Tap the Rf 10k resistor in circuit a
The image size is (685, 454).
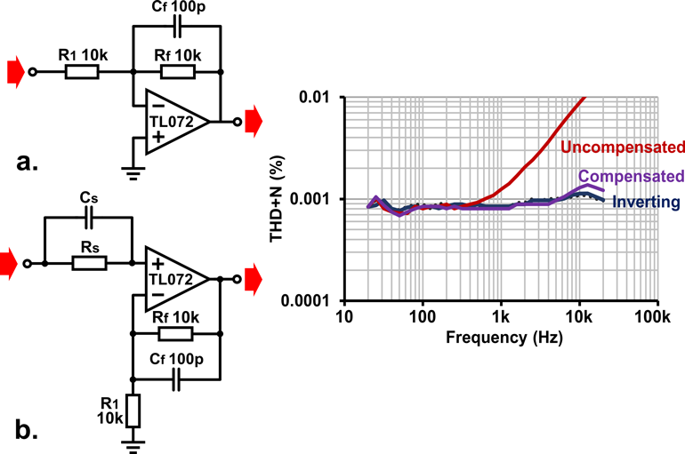175,71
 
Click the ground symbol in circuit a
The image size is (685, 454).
134,172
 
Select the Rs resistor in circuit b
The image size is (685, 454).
88,263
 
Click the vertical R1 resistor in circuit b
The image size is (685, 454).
134,411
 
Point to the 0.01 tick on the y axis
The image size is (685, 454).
314,97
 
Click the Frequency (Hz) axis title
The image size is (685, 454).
500,338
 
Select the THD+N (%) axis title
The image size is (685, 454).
277,198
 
